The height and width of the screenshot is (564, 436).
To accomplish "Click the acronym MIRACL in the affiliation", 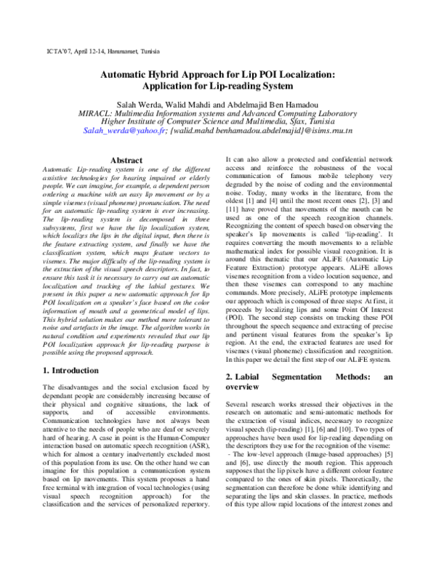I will [x=97, y=113].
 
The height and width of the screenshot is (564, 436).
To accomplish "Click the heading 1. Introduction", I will [x=70, y=370].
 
